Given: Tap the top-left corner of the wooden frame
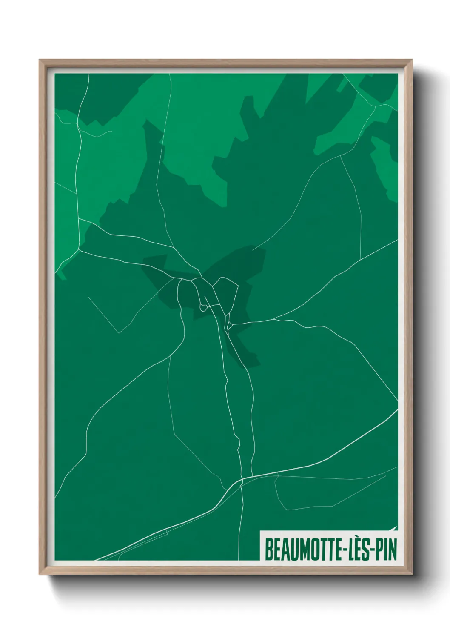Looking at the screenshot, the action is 40,60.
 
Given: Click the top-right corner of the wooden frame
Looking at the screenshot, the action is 412,60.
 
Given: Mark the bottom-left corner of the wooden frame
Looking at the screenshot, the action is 40,574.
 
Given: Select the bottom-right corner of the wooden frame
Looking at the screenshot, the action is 412,574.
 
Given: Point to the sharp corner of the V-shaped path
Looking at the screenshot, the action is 120,332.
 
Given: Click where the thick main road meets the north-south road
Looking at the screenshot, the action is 242,480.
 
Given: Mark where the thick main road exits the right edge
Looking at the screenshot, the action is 397,410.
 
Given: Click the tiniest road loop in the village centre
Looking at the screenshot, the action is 202,306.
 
